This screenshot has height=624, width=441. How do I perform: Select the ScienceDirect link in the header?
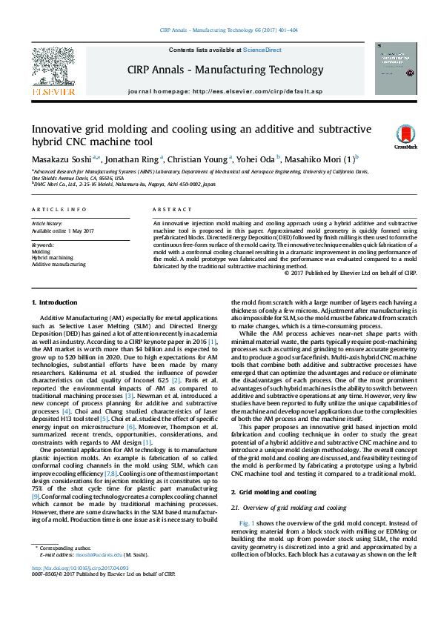pyautogui.click(x=263, y=50)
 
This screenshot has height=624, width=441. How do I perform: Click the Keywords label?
pyautogui.click(x=42, y=245)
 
